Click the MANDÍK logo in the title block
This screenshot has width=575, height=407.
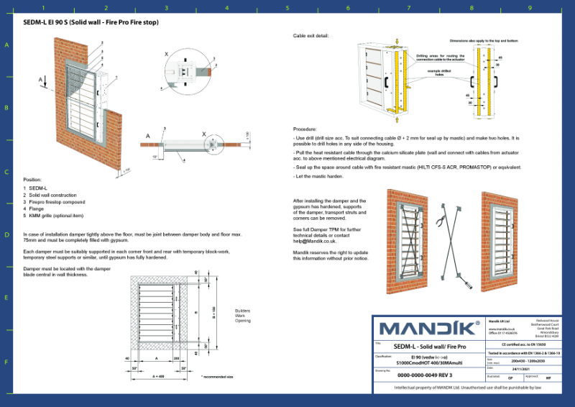point(429,329)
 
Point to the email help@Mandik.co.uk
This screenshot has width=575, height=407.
point(316,242)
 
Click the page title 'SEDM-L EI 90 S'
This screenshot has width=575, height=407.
point(86,22)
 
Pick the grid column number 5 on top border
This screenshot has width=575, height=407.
point(287,8)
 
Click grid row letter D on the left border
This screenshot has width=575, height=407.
point(6,235)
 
